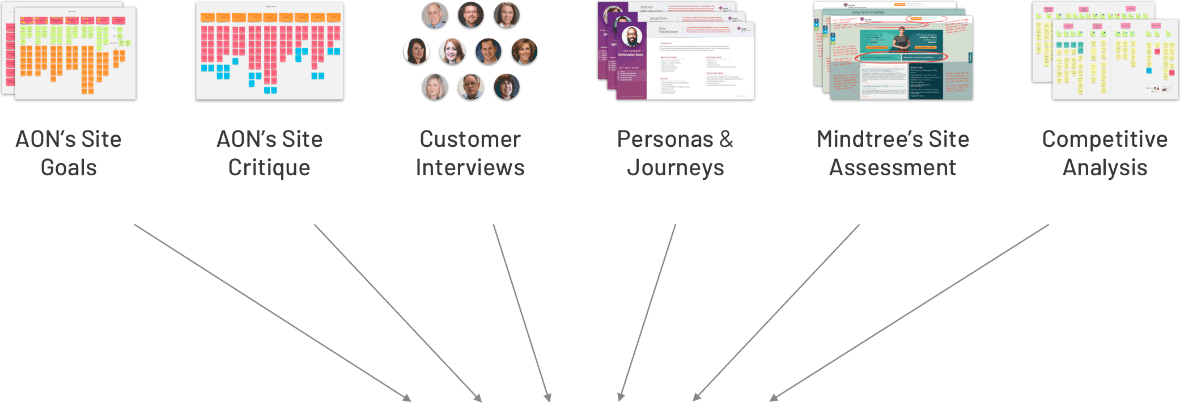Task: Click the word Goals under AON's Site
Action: point(69,168)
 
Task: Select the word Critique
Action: point(269,168)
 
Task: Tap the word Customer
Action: point(470,140)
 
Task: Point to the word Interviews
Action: point(470,168)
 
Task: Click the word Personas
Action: point(665,140)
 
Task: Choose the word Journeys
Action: point(675,168)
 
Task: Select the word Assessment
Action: point(893,168)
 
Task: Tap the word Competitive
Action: point(1105,140)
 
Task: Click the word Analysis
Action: point(1105,168)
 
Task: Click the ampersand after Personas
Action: point(727,140)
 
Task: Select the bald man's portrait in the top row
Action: point(435,15)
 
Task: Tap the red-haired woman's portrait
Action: point(452,52)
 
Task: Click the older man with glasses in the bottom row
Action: point(470,87)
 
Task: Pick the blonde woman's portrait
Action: point(435,87)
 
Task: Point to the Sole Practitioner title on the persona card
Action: point(668,30)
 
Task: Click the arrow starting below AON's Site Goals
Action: point(272,313)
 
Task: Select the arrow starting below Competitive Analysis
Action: point(909,313)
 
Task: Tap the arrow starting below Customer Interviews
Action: point(521,313)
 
